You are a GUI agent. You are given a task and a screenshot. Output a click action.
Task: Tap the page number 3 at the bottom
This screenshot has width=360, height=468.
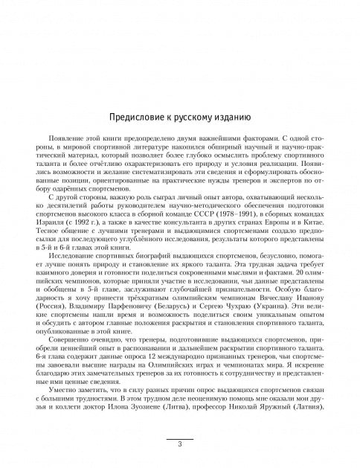point(180,444)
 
